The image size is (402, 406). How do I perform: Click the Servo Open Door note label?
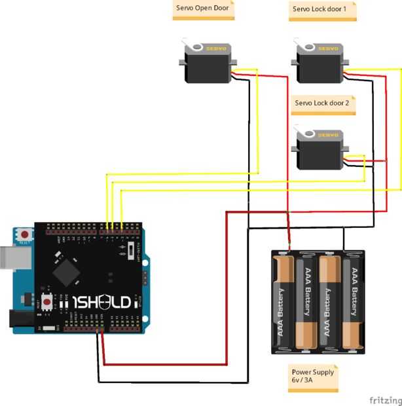coord(204,10)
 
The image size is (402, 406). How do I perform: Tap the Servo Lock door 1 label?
coord(322,10)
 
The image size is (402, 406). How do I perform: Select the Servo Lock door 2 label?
coord(322,103)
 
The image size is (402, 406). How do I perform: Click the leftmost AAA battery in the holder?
coord(285,301)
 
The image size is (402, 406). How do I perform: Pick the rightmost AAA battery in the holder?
coord(352,301)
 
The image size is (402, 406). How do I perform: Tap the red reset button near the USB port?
coord(25,234)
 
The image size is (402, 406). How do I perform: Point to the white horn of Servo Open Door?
coord(194,46)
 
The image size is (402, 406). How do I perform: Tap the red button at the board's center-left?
coord(48,302)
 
